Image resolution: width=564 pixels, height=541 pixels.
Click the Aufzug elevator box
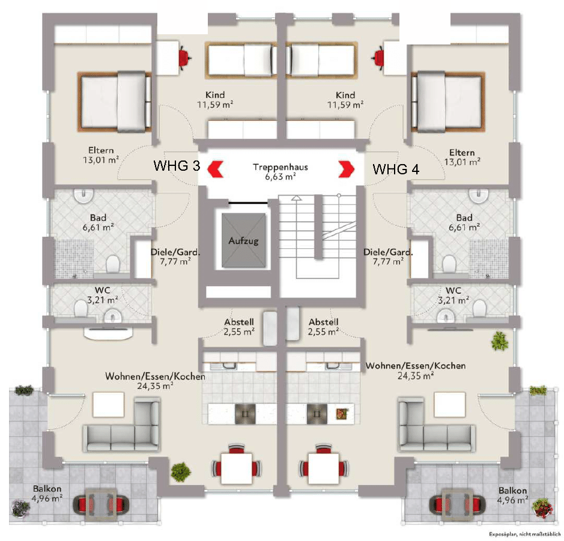(x=243, y=240)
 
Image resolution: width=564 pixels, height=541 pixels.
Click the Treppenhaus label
(x=280, y=167)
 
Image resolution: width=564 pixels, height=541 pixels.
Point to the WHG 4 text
(x=396, y=169)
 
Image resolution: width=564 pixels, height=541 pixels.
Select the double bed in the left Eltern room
(x=114, y=101)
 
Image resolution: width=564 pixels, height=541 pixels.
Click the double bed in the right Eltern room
(x=447, y=101)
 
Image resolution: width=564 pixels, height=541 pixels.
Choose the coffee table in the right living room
(x=449, y=404)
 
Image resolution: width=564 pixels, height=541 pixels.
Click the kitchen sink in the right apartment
(x=332, y=364)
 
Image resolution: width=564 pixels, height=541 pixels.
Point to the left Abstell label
(x=239, y=322)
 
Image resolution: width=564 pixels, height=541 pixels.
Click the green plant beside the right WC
(x=499, y=341)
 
